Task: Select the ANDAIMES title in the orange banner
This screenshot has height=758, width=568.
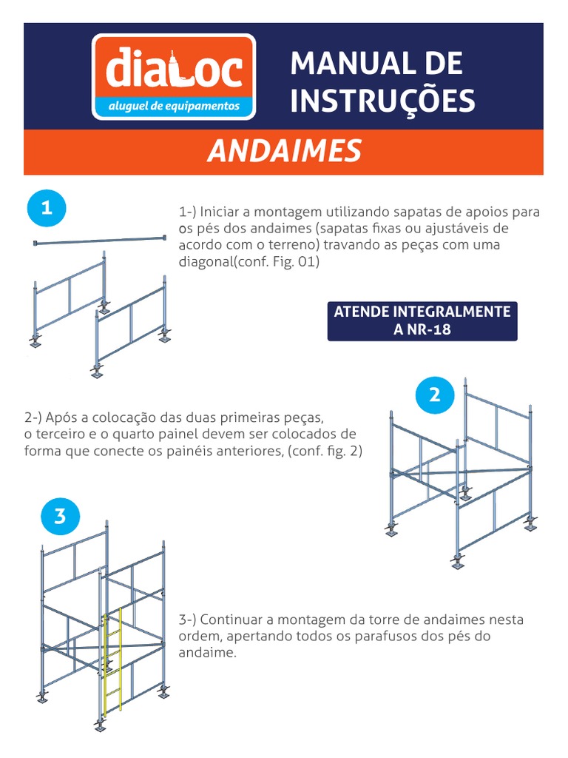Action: click(284, 151)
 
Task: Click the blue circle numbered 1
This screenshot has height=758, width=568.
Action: click(47, 209)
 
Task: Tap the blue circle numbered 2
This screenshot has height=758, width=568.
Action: click(434, 395)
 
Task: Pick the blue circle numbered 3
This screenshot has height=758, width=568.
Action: click(60, 515)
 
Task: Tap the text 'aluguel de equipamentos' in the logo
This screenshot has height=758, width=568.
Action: click(174, 106)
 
